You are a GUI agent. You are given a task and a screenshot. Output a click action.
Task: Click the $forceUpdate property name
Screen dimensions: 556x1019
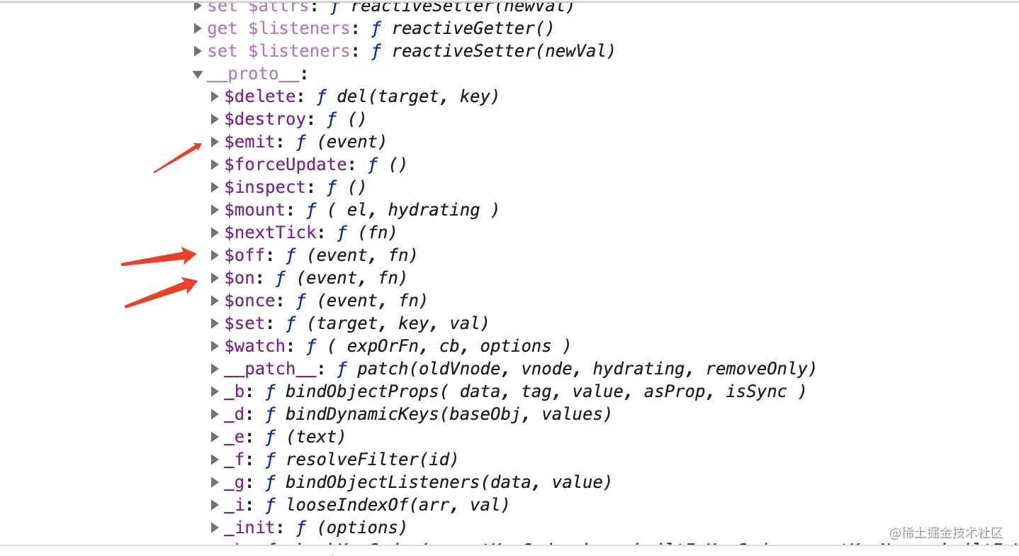click(x=285, y=165)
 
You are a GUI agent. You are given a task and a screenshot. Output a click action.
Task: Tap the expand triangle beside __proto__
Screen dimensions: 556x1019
click(x=198, y=74)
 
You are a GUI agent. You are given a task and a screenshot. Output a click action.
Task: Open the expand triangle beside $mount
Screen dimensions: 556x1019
click(x=215, y=210)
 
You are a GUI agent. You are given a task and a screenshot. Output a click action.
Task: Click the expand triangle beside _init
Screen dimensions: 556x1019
click(x=215, y=528)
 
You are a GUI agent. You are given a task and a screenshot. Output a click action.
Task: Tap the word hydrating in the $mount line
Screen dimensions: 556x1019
click(x=434, y=210)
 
